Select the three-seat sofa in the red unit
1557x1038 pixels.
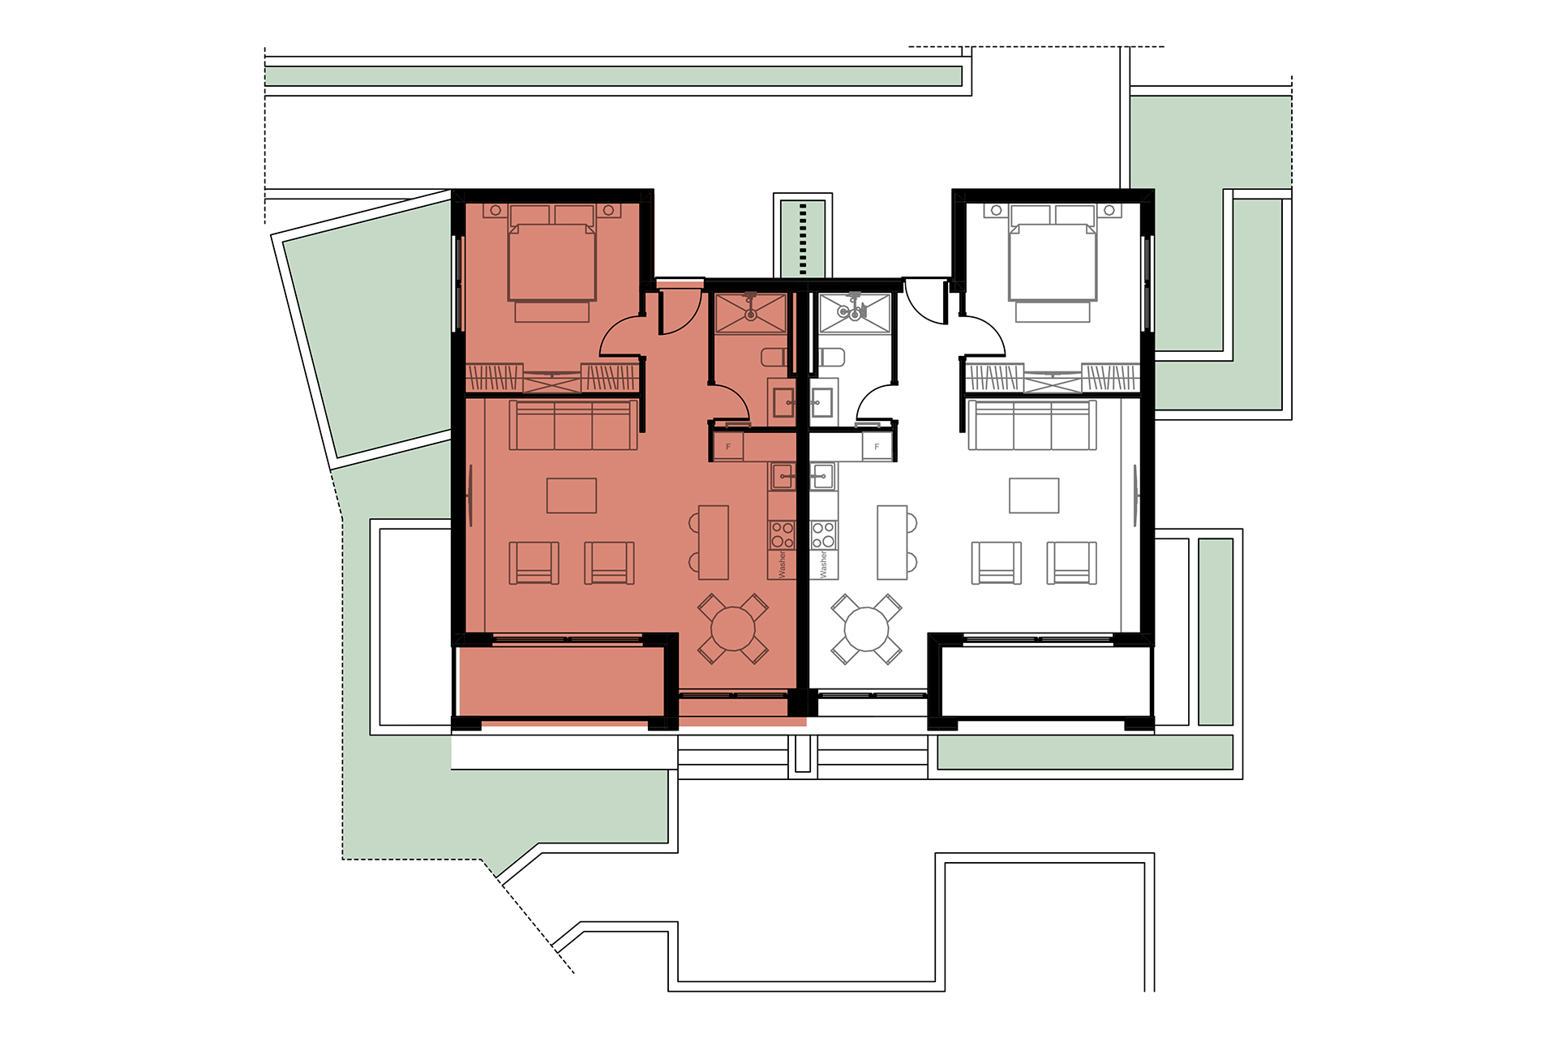(x=573, y=425)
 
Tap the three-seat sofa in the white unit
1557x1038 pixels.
(x=1032, y=425)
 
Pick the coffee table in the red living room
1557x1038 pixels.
(x=572, y=495)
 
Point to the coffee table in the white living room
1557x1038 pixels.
(x=1034, y=495)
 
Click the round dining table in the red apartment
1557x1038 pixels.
(x=733, y=628)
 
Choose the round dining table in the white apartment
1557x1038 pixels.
(x=866, y=628)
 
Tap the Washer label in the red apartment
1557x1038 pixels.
(x=783, y=564)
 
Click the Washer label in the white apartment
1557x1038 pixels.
(x=823, y=564)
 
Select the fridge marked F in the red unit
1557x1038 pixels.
(x=728, y=447)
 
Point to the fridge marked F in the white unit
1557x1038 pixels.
(x=877, y=447)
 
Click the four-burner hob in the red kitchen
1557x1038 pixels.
(x=783, y=535)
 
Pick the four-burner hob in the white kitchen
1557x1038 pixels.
(x=823, y=535)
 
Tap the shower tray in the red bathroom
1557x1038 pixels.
(x=751, y=313)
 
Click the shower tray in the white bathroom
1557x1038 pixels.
(x=855, y=313)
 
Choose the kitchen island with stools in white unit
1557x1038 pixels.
(x=896, y=542)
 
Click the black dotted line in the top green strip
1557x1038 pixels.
(x=803, y=239)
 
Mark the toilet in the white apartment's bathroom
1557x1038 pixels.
(x=831, y=357)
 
